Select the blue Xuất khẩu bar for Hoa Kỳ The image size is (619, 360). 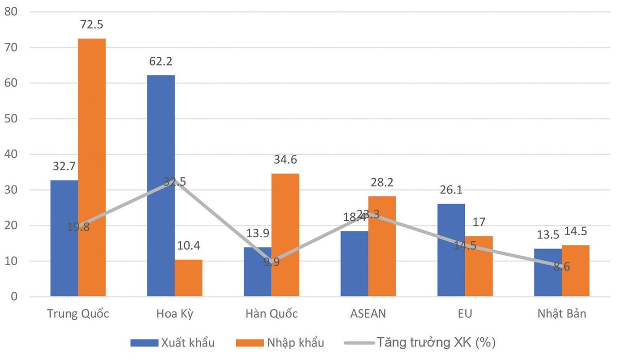pyautogui.click(x=160, y=186)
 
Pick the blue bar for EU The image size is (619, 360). pyautogui.click(x=451, y=250)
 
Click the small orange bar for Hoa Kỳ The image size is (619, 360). pyautogui.click(x=188, y=278)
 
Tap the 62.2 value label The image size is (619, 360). pyautogui.click(x=160, y=62)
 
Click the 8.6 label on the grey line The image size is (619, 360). pyautogui.click(x=562, y=268)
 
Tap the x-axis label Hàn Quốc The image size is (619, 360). pyautogui.click(x=271, y=314)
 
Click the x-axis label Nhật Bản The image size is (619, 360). pyautogui.click(x=562, y=314)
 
